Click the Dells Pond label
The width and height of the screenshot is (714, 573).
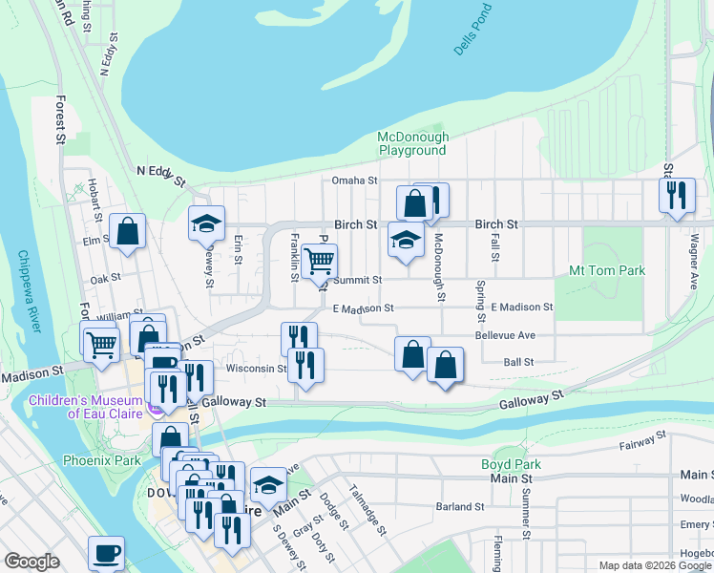coord(475,30)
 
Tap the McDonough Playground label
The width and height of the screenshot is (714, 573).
coord(412,143)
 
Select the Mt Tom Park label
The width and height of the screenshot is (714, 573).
coord(607,270)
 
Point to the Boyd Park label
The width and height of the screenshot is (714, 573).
coord(511,464)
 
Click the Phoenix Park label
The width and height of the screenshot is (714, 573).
coord(102,459)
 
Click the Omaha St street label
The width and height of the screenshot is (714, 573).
coord(355,180)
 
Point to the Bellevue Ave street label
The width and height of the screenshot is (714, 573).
coord(505,335)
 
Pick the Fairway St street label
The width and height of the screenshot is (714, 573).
coord(640,441)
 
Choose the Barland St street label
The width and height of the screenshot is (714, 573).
coord(454,506)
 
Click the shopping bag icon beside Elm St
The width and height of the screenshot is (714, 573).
coord(127,231)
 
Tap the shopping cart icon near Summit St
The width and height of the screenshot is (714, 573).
coord(319,259)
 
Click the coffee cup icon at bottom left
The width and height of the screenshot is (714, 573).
coord(106,552)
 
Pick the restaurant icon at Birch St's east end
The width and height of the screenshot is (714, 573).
coord(676,195)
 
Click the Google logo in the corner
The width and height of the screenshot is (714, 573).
coord(31,562)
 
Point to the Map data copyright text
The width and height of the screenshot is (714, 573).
coord(655,565)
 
